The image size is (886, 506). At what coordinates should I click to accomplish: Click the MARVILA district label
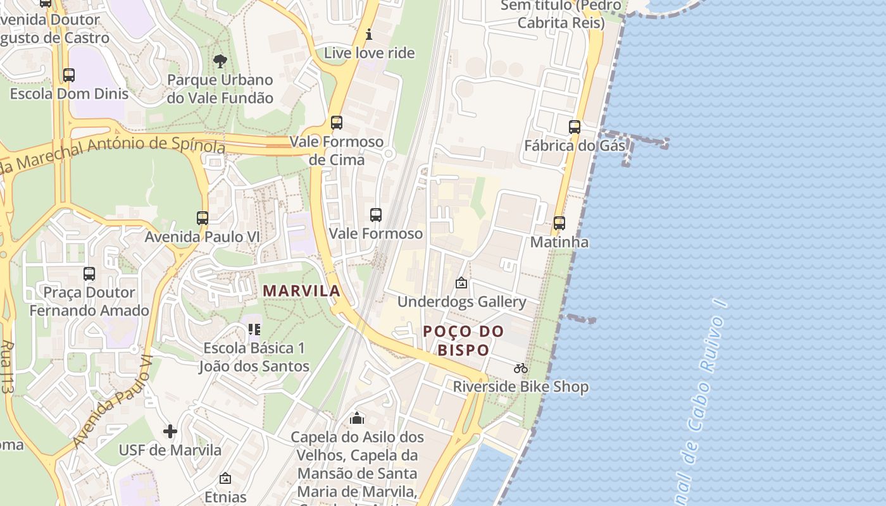coord(301,291)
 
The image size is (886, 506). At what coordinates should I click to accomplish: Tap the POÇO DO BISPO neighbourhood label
coord(464,340)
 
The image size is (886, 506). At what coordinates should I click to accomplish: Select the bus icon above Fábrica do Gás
coord(575,126)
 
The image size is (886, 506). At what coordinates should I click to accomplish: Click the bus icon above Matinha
coord(559,223)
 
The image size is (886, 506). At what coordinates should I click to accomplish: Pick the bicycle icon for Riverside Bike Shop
coord(521,368)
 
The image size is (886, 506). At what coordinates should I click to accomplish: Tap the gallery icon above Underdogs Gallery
coord(461,283)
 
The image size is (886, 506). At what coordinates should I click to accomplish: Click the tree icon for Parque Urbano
coord(220,61)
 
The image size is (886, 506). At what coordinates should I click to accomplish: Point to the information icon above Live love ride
coord(370,34)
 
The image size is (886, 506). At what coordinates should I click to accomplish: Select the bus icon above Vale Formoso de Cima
coord(337,123)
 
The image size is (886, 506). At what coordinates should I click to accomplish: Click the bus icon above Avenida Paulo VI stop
coord(203,218)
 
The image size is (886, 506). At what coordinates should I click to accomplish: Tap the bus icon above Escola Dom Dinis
coord(69,75)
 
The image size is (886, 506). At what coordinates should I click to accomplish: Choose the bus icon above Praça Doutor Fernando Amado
coord(89,274)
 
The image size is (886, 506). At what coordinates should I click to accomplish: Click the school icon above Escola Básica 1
coord(254,329)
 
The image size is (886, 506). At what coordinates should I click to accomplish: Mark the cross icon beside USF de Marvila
coord(170,431)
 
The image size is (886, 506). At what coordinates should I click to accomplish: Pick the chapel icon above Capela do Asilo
coord(357,418)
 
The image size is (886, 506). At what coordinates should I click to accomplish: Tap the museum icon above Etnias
coord(225,479)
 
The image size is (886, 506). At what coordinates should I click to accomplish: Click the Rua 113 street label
coord(8,367)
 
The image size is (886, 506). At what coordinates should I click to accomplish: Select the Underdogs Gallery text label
coord(461,302)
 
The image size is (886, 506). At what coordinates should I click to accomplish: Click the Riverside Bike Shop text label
coord(521,386)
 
